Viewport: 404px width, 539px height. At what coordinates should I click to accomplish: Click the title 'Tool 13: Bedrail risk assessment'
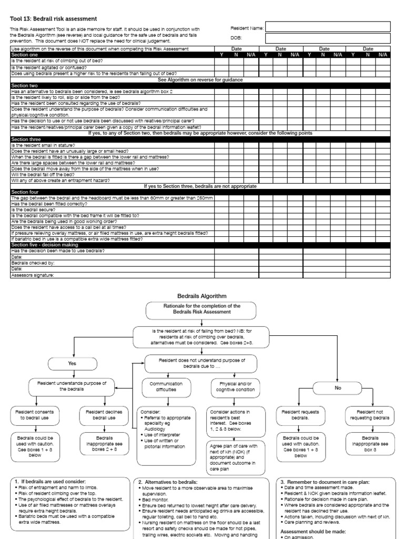54,18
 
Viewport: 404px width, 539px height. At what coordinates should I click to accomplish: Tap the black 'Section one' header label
25,55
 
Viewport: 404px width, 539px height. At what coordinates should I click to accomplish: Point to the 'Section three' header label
27,139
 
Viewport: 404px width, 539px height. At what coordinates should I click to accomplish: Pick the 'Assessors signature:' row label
32,275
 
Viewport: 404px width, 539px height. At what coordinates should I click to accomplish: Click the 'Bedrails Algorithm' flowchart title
201,297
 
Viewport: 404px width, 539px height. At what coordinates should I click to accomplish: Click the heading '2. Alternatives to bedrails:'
168,482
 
